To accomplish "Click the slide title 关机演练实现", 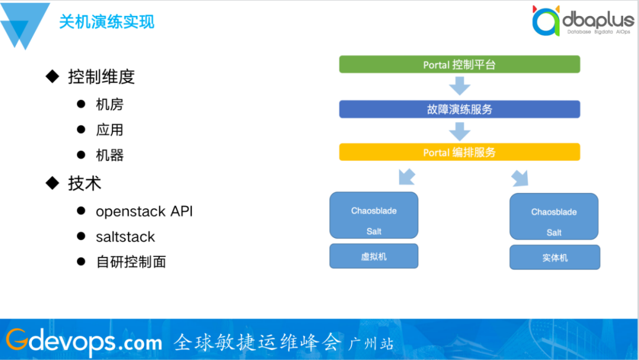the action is (106, 21).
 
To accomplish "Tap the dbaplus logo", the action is (583, 20).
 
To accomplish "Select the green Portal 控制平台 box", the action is (459, 65).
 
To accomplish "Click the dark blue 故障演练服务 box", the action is (459, 110).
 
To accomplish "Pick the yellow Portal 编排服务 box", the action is (459, 152).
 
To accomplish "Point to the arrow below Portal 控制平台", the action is (460, 86).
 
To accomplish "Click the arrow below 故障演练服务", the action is (460, 131).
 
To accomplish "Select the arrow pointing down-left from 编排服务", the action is (406, 177).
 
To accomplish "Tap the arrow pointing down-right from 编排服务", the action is (520, 178).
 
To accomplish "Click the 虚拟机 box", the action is (374, 256).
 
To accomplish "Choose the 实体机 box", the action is (554, 257).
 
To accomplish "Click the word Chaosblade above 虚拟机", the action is (374, 211).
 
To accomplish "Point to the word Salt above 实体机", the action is (554, 232).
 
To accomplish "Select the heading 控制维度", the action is (102, 76).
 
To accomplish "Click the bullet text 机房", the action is (109, 104).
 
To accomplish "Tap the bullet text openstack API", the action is (144, 211).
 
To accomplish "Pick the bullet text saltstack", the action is (125, 236).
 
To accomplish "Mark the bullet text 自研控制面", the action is (131, 262).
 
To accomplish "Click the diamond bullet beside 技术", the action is (53, 183).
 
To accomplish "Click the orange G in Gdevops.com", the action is (17, 339).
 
